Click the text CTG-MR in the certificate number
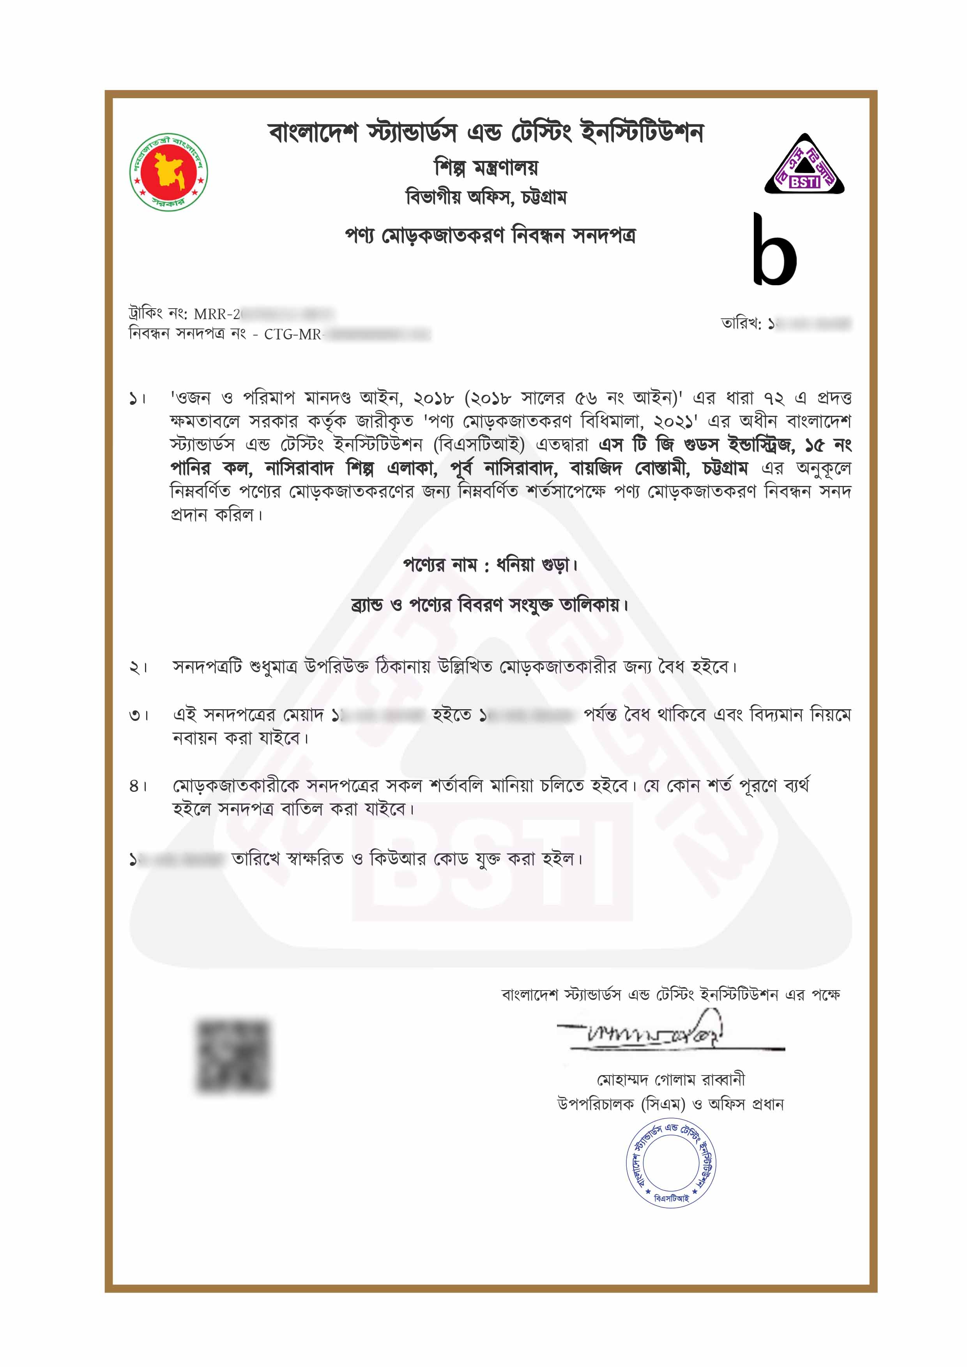pos(292,335)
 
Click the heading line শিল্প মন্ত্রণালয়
pos(486,168)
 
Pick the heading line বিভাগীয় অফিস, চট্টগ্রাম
pos(486,197)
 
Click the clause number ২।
pos(138,668)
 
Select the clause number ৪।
pos(138,786)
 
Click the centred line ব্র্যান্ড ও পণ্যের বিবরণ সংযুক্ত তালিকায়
pos(490,606)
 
